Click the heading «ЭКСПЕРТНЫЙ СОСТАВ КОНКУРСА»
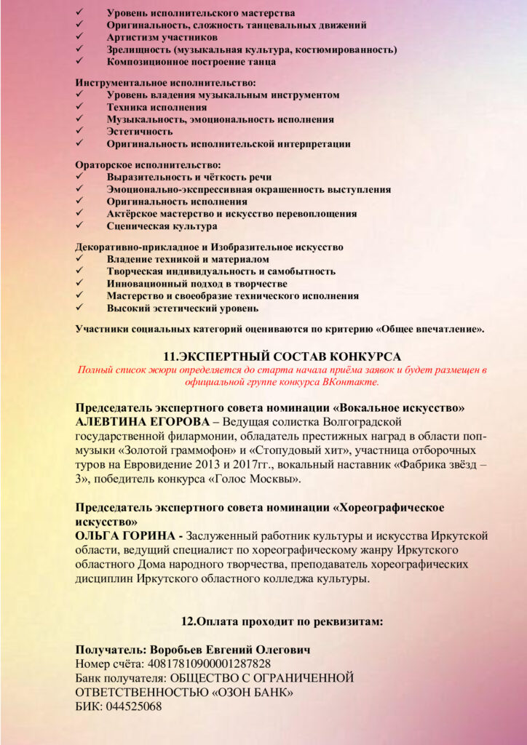[281, 356]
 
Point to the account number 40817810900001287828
[210, 664]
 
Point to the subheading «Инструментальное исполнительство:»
[166, 83]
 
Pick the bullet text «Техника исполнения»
[151, 107]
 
